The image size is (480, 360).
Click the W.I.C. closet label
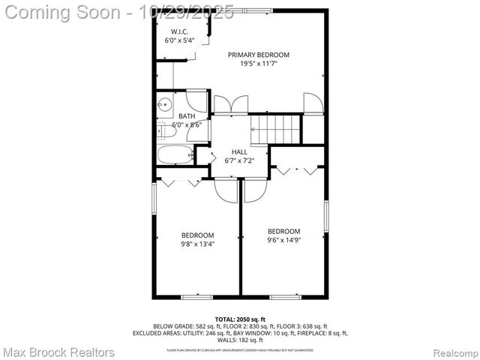(x=178, y=31)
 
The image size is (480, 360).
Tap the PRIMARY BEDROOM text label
(x=259, y=55)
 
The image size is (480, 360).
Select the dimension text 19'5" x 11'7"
(x=259, y=64)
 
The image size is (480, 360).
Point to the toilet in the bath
(x=166, y=130)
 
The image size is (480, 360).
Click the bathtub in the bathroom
(x=175, y=156)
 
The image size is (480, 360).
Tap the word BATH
(x=187, y=116)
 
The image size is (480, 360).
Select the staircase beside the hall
(x=276, y=128)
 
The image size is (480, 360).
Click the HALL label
(x=239, y=152)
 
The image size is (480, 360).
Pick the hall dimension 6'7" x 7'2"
(x=239, y=161)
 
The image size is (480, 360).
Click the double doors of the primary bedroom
(x=229, y=104)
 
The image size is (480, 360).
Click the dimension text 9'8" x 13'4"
(x=197, y=244)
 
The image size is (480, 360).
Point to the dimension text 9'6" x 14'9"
(x=284, y=241)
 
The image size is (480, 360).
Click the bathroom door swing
(x=196, y=100)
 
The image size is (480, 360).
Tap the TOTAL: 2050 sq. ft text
(x=240, y=319)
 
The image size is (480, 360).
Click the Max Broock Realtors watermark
(x=59, y=352)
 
